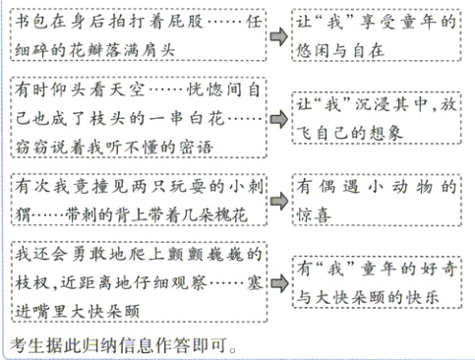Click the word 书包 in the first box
click(x=30, y=21)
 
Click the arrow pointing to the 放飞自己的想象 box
click(x=279, y=116)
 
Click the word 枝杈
click(x=33, y=279)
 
